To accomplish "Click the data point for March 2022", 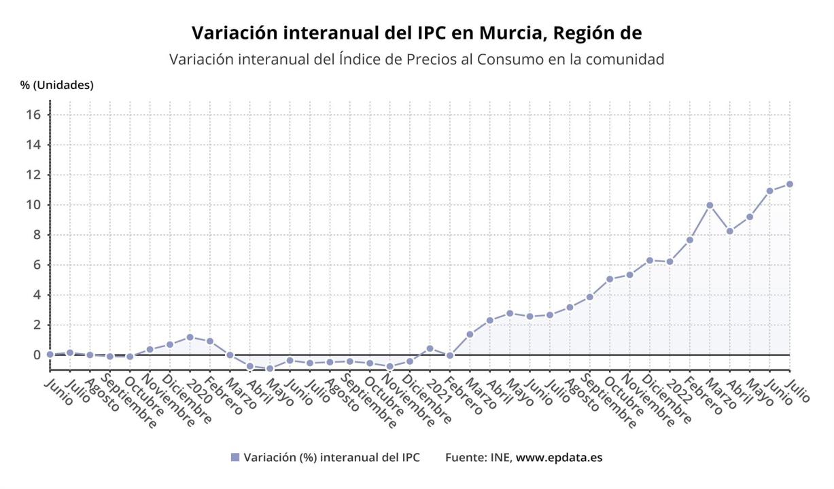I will [710, 205].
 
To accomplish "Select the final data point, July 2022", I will [790, 184].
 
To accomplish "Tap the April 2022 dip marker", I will [730, 231].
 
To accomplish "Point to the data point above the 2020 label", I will [190, 337].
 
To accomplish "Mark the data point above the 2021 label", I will [430, 348].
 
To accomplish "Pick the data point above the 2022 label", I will [670, 261].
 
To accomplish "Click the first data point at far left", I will [50, 355].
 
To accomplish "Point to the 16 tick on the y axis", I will [34, 115].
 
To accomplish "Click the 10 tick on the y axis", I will [34, 205].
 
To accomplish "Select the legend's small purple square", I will [235, 457].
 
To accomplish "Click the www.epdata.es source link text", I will [559, 457].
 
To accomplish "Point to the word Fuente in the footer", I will [466, 457].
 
